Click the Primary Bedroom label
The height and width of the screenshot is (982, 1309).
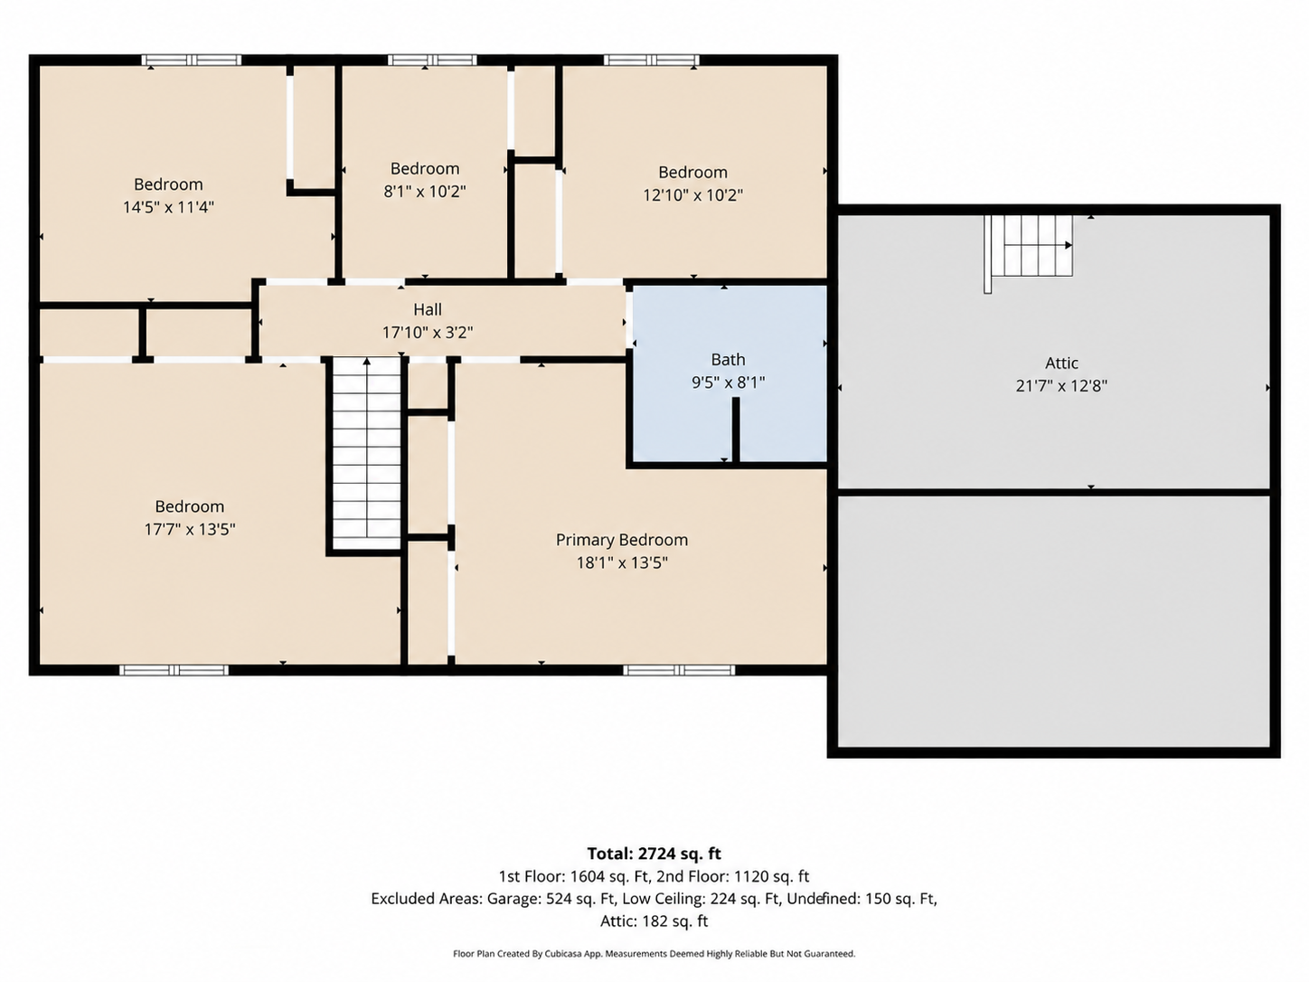tap(621, 540)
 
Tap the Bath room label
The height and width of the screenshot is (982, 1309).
tap(728, 360)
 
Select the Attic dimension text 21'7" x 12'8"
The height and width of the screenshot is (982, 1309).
tap(1061, 386)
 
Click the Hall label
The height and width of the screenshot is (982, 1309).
tap(428, 309)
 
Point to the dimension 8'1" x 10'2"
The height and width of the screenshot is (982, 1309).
tap(425, 192)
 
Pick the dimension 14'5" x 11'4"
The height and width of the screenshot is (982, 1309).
tap(168, 207)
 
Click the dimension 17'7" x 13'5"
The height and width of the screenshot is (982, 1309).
tap(190, 529)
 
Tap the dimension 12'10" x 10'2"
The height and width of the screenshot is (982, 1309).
tap(693, 195)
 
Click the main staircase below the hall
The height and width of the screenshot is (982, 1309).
tap(367, 453)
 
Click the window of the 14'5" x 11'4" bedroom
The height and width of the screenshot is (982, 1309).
tap(192, 60)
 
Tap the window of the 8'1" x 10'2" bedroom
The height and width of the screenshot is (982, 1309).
tap(432, 60)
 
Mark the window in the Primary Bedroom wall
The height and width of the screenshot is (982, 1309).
tap(679, 670)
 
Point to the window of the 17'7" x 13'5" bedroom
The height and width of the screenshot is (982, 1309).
tap(174, 670)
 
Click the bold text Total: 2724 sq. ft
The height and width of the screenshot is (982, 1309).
tap(654, 854)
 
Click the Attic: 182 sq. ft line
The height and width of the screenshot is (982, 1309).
tap(654, 921)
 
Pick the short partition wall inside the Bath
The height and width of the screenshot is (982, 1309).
tap(736, 430)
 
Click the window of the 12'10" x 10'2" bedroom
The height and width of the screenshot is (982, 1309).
tap(651, 60)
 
